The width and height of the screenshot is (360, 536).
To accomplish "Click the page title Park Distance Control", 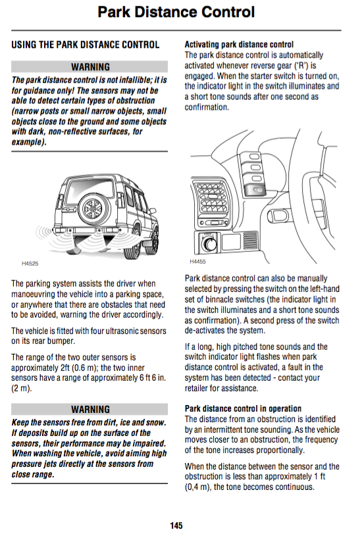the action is tap(176, 12).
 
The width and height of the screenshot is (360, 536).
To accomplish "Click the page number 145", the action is tap(176, 525).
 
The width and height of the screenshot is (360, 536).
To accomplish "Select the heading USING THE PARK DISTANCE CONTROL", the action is tap(85, 45).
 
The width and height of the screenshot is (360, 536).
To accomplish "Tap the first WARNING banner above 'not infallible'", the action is tap(90, 66).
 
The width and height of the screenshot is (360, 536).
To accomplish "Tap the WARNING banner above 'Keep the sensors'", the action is tap(90, 409).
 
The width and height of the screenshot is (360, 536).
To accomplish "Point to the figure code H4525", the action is tap(30, 264).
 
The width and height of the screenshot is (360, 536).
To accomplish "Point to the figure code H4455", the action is tap(198, 262).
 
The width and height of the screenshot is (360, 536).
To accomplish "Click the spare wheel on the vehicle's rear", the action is tap(92, 208).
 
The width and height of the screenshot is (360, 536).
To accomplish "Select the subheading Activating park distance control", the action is tap(239, 45).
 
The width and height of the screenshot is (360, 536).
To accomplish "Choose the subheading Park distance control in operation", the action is tap(243, 408).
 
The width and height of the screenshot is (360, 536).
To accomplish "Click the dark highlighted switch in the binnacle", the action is tap(256, 189).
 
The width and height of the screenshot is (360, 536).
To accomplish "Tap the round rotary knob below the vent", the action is tap(209, 243).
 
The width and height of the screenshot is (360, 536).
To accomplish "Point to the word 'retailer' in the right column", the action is tap(196, 388).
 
